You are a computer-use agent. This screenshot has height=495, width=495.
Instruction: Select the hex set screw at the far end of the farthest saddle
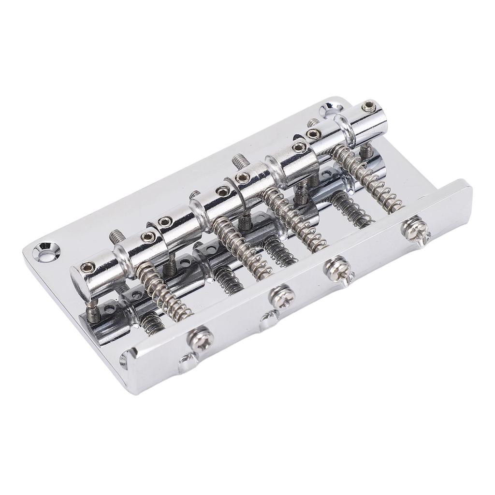pos(369,104)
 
